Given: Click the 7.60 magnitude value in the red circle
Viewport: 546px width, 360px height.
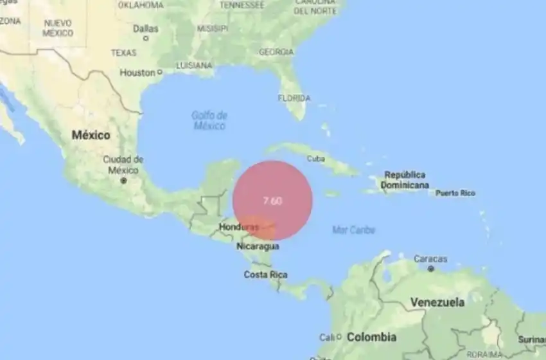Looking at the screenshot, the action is pos(272,201).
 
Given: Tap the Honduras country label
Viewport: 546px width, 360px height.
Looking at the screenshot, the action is pos(238,228).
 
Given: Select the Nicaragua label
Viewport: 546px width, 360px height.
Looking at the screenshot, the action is pos(258,246).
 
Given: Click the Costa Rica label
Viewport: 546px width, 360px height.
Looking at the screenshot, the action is pos(265,274).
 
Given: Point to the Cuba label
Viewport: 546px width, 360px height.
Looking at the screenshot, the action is pos(316,158).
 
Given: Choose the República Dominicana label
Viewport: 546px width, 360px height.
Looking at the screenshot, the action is pos(405,180).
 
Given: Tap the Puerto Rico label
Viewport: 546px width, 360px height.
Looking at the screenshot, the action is pos(455,193).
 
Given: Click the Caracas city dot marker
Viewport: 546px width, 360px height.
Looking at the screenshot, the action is pos(430,269).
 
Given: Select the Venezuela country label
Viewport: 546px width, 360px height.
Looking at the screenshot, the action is pos(437,301).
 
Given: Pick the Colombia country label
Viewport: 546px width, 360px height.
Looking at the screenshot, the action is pos(371,337).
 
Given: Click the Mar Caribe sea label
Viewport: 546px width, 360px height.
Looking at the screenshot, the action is pos(354,230).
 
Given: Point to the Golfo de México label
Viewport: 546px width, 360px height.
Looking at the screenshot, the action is pos(209,120).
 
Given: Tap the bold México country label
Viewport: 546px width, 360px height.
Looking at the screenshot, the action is pos(91,136).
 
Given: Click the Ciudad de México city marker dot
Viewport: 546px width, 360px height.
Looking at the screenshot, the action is pos(124,181).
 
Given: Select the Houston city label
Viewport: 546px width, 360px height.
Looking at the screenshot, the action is pos(137,73).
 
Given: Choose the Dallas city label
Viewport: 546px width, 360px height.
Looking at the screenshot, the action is pos(145,28).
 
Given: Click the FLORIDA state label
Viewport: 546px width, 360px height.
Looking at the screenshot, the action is pos(294,98).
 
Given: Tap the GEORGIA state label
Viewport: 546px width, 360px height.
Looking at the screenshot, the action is pos(276,52).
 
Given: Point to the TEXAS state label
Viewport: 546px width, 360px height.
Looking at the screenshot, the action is pos(123,53).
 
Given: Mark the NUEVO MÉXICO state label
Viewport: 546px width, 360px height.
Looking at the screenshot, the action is pos(58,28).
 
